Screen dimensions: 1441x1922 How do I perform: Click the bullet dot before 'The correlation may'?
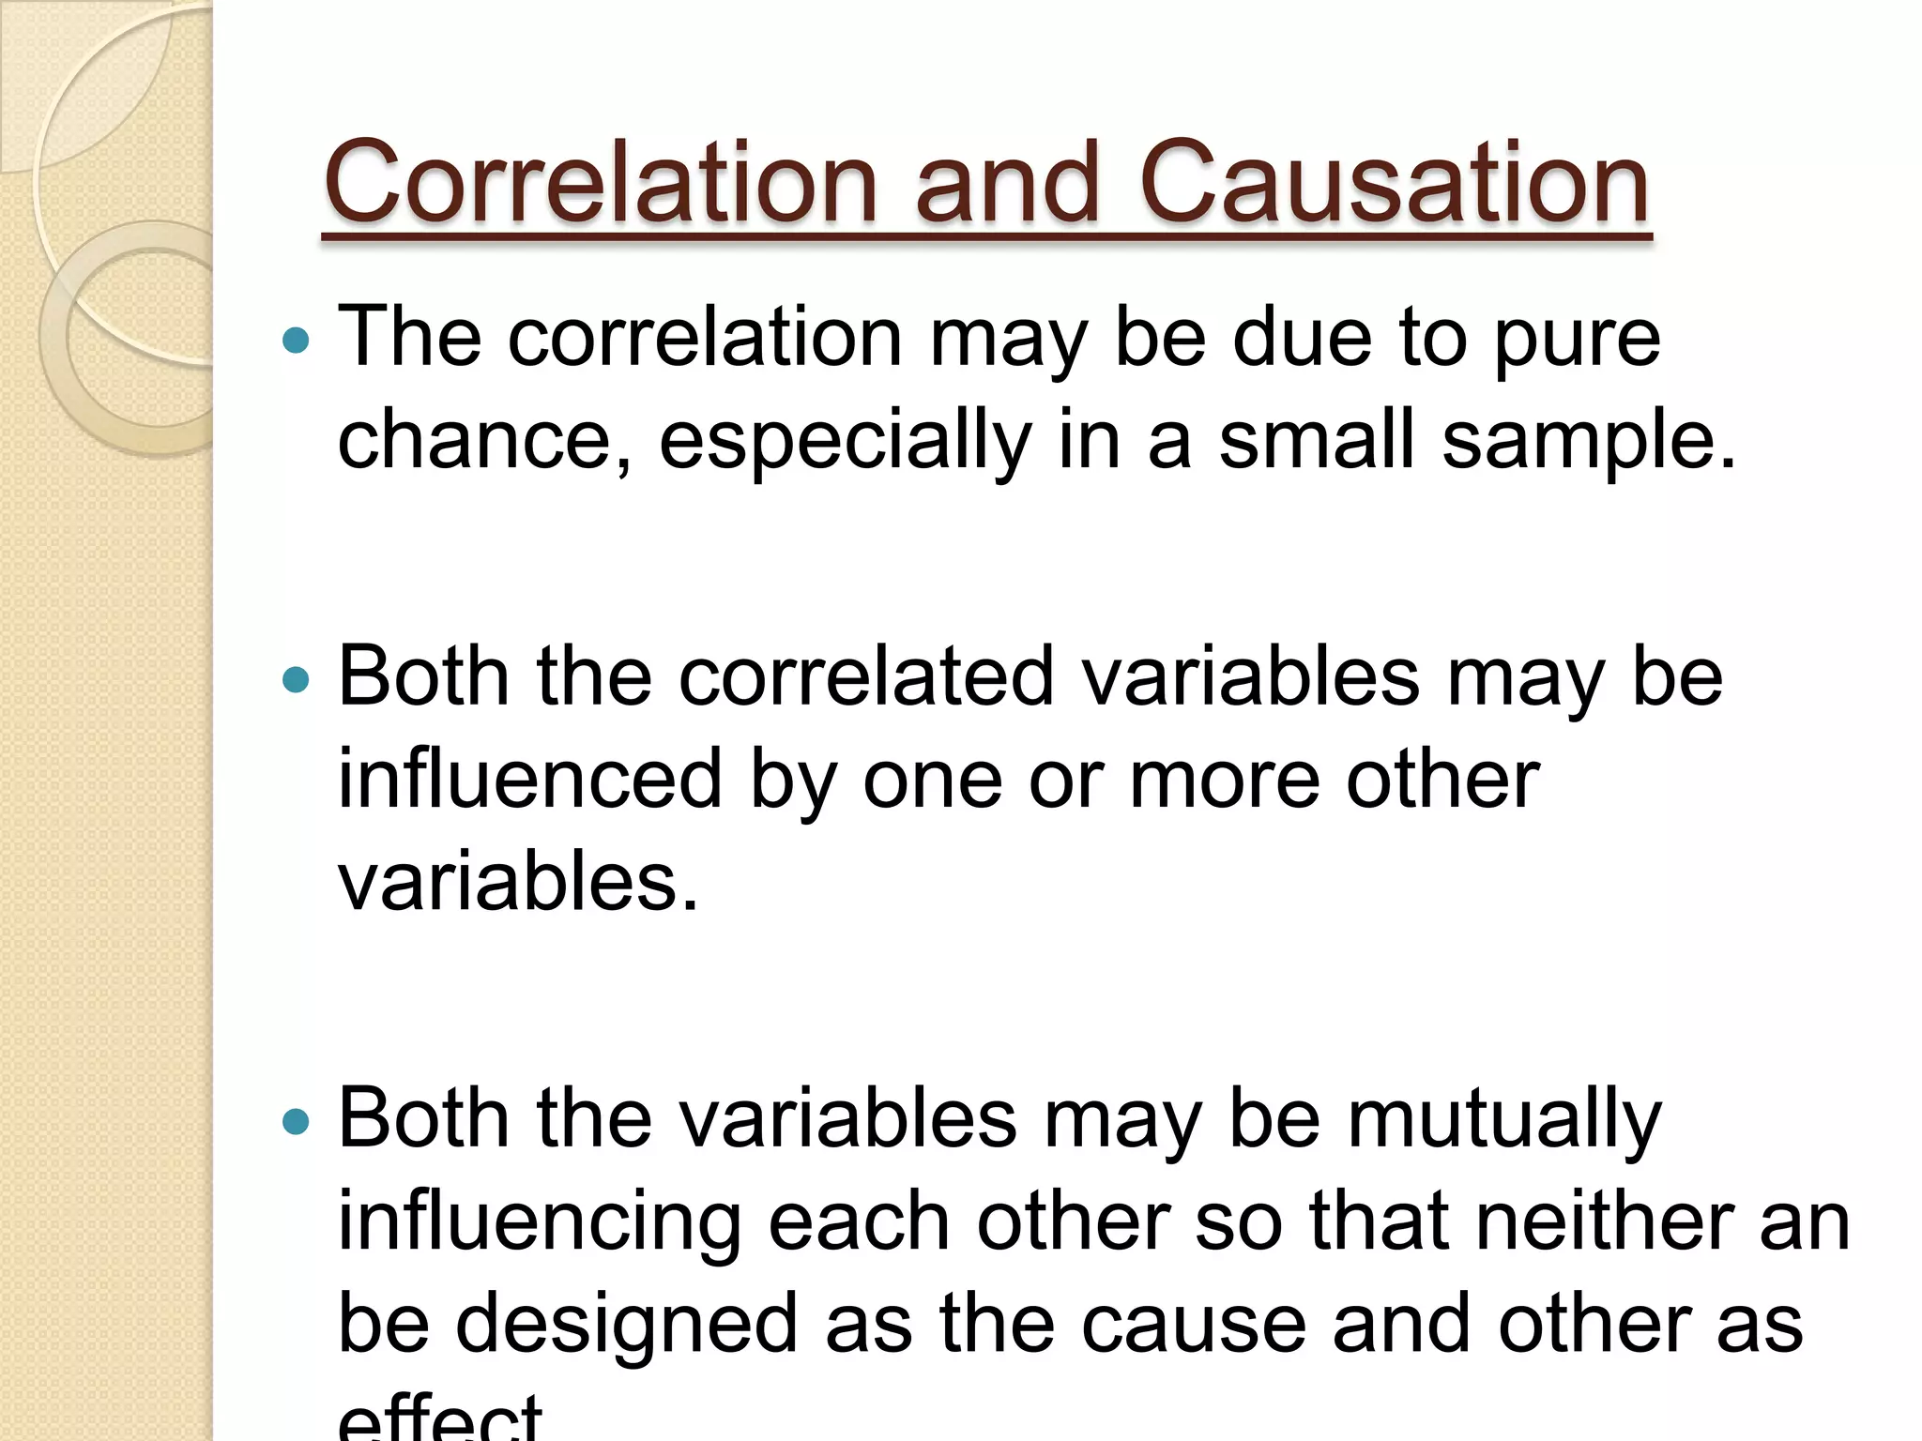[x=296, y=340]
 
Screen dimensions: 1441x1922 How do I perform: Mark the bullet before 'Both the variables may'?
[x=296, y=1121]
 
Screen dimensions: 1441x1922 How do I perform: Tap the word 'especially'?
[x=846, y=441]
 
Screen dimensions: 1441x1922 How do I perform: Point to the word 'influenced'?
[x=530, y=779]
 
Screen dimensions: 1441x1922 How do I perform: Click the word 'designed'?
[x=626, y=1324]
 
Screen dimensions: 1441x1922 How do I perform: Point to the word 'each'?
[x=860, y=1222]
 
